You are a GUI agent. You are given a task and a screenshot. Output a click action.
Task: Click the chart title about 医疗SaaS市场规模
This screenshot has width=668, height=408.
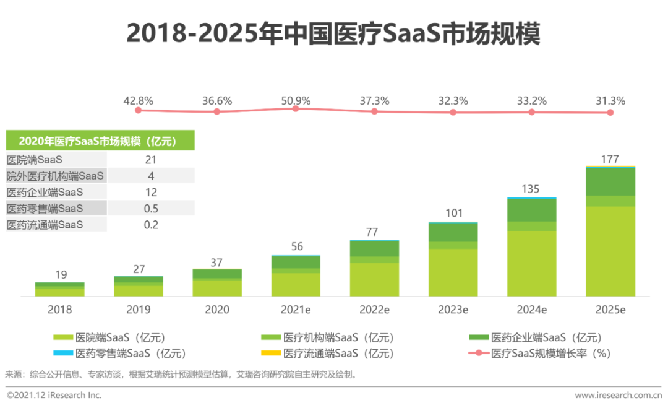pyautogui.click(x=333, y=33)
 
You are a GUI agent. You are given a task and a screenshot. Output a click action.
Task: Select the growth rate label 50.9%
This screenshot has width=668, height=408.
pyautogui.click(x=295, y=100)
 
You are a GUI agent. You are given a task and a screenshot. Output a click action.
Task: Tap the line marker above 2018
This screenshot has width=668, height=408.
pyautogui.click(x=139, y=110)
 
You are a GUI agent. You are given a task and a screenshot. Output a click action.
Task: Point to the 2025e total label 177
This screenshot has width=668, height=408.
pyautogui.click(x=610, y=160)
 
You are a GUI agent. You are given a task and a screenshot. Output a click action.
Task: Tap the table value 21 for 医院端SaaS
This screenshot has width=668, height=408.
pyautogui.click(x=150, y=160)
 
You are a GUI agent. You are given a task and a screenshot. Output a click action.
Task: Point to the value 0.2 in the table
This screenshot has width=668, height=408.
pyautogui.click(x=150, y=225)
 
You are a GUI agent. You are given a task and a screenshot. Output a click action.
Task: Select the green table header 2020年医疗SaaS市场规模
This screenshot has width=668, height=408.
pyautogui.click(x=100, y=141)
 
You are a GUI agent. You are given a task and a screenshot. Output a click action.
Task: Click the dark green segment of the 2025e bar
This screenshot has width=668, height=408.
pyautogui.click(x=610, y=181)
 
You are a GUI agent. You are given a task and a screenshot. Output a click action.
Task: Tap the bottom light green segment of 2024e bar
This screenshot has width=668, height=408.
pyautogui.click(x=531, y=263)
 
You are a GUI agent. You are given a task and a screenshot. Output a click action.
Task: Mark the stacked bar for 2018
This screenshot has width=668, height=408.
pyautogui.click(x=59, y=289)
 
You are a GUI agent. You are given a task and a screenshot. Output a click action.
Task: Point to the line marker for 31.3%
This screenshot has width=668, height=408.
pyautogui.click(x=610, y=112)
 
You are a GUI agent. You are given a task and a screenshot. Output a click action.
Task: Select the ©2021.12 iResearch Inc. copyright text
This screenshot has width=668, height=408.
pyautogui.click(x=54, y=395)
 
